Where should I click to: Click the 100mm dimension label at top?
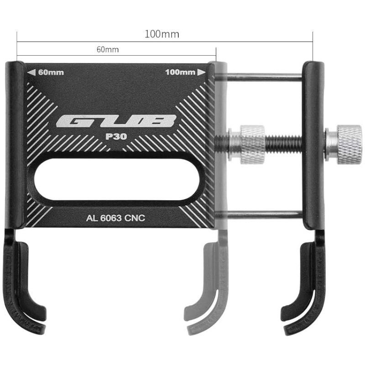162,34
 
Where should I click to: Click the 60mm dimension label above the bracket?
108,50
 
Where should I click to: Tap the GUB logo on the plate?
116,121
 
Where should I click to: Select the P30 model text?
116,136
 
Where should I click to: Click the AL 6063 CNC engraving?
115,218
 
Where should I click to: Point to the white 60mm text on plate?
51,73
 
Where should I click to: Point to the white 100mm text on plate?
180,73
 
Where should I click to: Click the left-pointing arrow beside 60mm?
31,73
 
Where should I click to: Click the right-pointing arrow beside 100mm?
202,73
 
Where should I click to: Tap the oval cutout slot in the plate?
117,179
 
